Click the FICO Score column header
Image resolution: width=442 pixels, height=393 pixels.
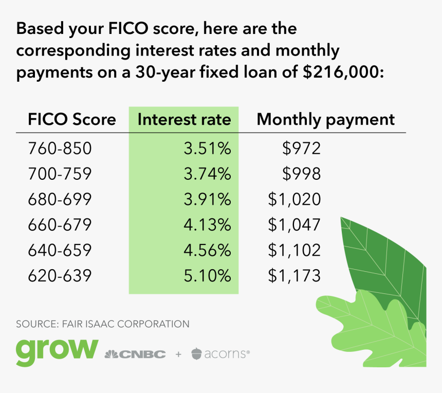72,119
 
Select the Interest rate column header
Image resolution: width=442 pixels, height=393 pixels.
185,119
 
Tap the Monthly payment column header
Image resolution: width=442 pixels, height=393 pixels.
325,120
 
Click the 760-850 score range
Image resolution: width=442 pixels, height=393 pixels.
60,148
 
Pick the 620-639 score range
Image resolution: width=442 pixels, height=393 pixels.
60,275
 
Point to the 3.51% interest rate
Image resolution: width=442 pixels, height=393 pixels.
207,148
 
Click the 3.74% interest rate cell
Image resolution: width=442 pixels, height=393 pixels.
207,174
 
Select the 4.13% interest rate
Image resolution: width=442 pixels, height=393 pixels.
207,224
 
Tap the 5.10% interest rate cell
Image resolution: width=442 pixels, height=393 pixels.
207,275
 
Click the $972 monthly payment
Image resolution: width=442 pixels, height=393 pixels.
301,148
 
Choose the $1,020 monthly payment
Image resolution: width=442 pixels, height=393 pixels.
294,199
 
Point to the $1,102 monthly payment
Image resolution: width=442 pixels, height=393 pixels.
294,250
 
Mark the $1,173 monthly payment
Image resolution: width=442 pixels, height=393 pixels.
294,275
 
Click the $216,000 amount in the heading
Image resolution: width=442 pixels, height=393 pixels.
343,72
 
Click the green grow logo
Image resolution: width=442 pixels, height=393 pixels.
57,352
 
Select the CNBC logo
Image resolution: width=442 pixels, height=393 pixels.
135,354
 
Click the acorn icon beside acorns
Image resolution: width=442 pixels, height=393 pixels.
196,353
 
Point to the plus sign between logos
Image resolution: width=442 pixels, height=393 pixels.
178,354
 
